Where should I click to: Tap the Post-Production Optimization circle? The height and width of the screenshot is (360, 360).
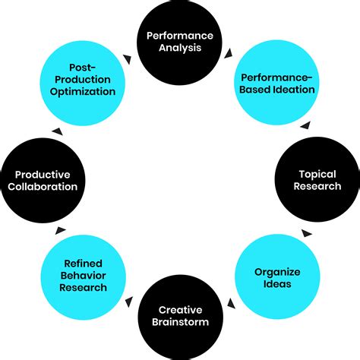click(81, 82)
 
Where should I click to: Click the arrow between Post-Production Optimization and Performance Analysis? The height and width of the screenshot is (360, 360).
click(128, 58)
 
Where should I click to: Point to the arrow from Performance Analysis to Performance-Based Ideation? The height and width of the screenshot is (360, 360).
click(229, 54)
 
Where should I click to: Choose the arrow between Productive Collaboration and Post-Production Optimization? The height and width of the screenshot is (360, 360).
click(55, 131)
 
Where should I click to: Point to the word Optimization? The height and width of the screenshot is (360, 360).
click(81, 91)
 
